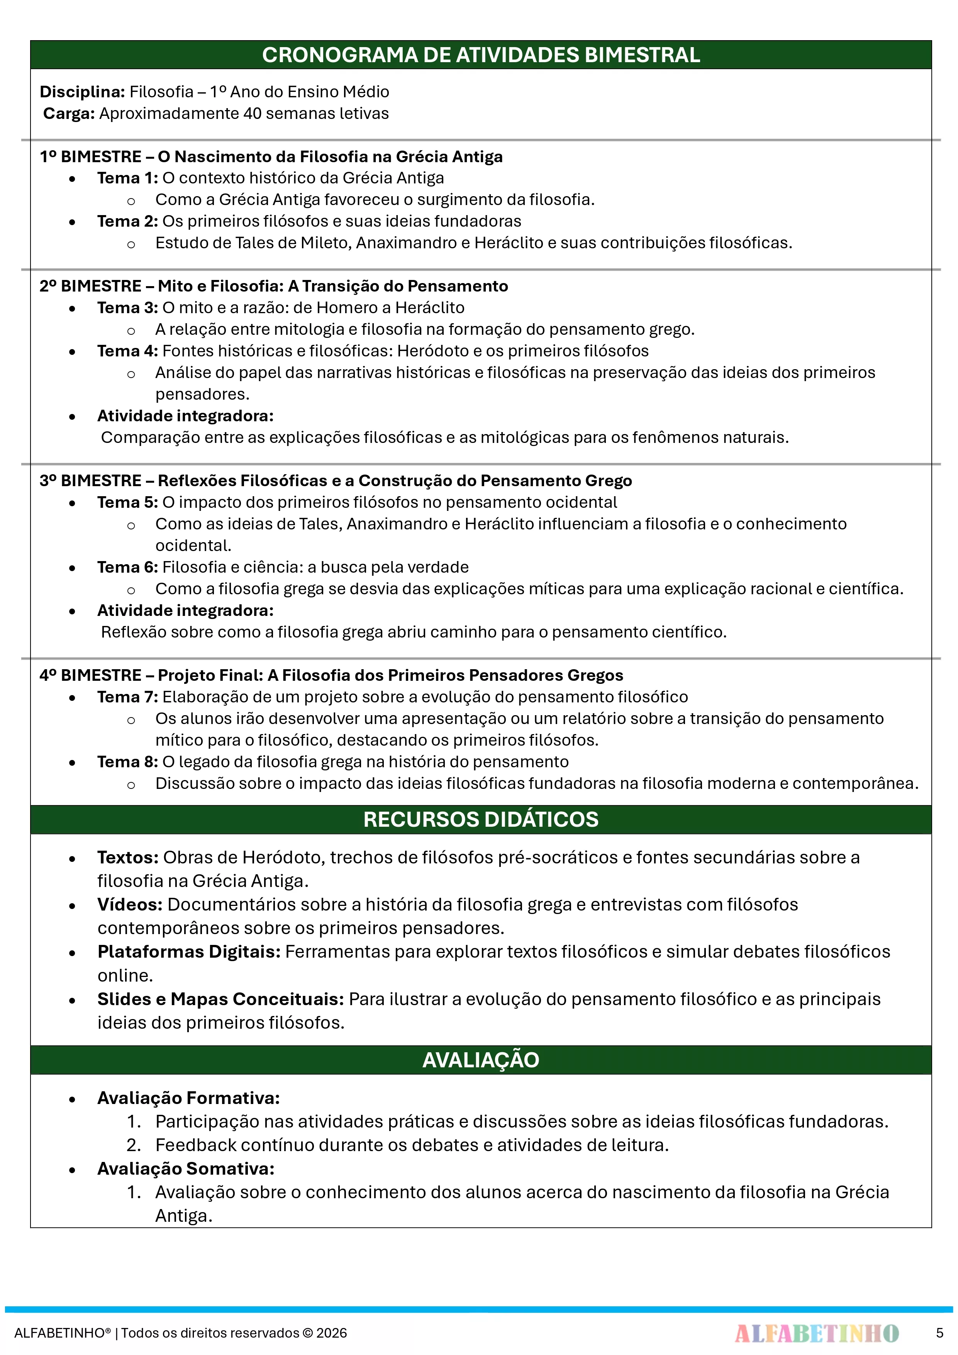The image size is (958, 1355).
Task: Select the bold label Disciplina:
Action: pyautogui.click(x=82, y=92)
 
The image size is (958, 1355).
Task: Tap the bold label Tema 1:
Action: pyautogui.click(x=127, y=178)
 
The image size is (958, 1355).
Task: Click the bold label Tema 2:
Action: pyautogui.click(x=127, y=221)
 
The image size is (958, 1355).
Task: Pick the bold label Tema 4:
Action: pyautogui.click(x=127, y=351)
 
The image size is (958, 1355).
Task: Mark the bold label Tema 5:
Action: pyautogui.click(x=127, y=502)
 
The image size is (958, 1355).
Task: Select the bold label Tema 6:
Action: pyautogui.click(x=127, y=567)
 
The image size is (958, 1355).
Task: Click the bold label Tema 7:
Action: pyautogui.click(x=127, y=697)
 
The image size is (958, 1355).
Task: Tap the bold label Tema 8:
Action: pyautogui.click(x=127, y=762)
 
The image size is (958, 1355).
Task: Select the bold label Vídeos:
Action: pyautogui.click(x=130, y=905)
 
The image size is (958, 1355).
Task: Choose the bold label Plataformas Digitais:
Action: pyautogui.click(x=189, y=952)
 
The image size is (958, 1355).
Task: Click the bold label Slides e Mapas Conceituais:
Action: pyautogui.click(x=220, y=999)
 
